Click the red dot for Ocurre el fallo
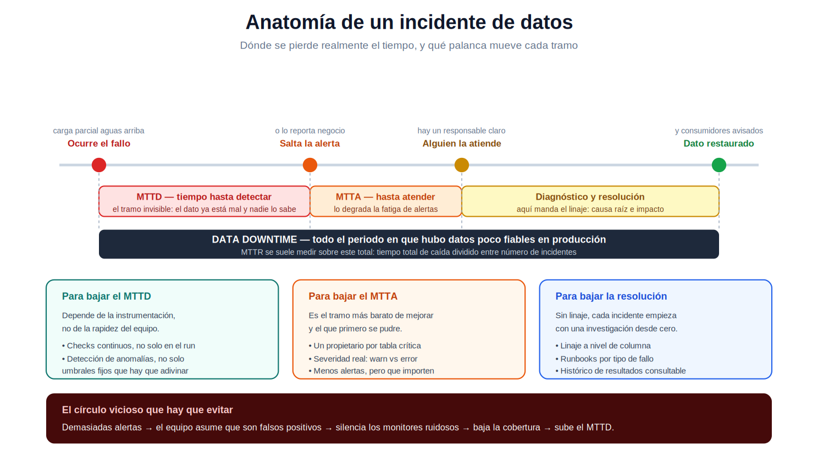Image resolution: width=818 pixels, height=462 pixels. point(98,164)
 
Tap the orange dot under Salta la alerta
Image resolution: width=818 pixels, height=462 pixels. point(309,164)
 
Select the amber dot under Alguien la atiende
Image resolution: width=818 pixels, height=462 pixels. point(462,164)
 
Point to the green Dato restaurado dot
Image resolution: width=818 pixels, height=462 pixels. point(718,164)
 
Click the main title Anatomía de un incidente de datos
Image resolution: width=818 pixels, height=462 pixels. point(409,23)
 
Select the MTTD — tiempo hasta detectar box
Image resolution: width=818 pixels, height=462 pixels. point(204,201)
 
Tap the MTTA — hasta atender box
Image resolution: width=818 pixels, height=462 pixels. point(385,201)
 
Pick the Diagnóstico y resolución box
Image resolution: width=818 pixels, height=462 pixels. point(590,201)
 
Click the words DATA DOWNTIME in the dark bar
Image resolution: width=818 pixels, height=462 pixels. point(254,240)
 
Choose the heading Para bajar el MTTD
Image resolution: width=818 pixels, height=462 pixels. point(106,296)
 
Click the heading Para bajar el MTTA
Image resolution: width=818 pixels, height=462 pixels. point(353,296)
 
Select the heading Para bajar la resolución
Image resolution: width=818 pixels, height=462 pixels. point(611,296)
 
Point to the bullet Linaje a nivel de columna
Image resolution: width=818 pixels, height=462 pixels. point(603,345)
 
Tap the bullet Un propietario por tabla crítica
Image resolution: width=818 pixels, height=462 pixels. point(364,345)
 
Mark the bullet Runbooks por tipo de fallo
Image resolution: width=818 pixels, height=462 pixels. point(604,359)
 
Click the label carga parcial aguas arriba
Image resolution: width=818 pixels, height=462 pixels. point(98,131)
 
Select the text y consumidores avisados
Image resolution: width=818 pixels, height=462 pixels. point(718,131)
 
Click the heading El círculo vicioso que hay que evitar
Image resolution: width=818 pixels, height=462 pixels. point(147,410)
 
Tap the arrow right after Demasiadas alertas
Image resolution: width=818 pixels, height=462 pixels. point(148,428)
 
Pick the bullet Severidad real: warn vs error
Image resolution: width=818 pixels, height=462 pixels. point(363,359)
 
